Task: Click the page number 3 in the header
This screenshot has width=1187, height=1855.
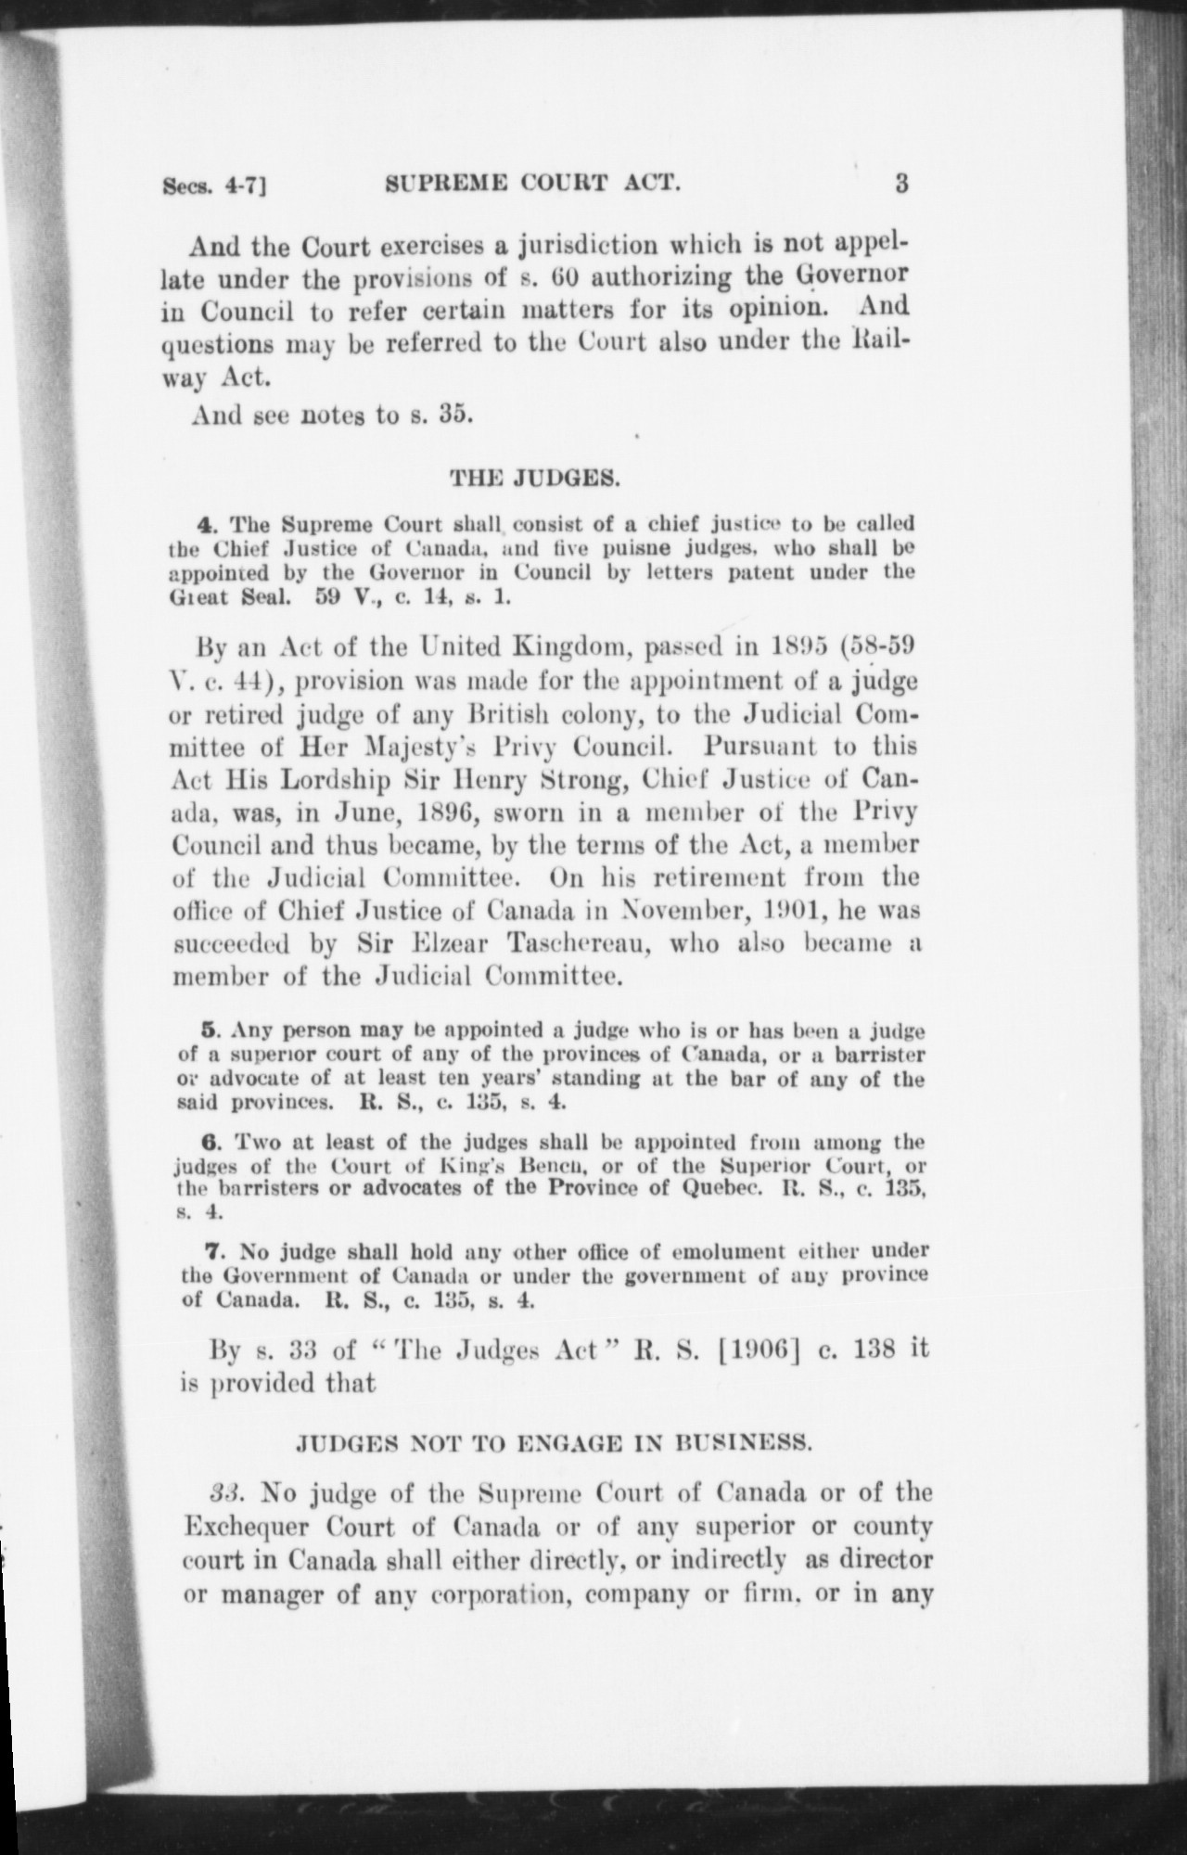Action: coord(901,183)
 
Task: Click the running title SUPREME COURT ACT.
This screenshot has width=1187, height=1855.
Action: coord(533,184)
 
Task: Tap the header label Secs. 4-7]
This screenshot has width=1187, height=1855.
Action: coord(214,185)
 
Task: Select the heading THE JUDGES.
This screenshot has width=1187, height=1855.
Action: coord(535,480)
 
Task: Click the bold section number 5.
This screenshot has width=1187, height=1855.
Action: coord(209,1030)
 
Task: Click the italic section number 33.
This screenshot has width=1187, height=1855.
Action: coord(227,1493)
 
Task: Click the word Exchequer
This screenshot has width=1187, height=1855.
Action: coord(247,1527)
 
